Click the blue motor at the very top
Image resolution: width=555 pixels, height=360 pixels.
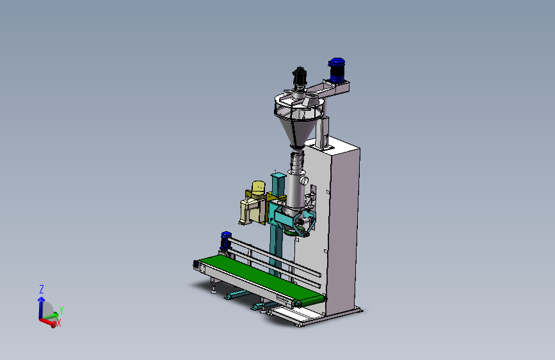point(337,70)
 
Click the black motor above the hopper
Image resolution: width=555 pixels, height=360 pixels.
point(300,76)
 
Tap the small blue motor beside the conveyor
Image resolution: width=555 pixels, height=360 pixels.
point(226,240)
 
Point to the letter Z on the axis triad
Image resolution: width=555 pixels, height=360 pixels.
point(42,289)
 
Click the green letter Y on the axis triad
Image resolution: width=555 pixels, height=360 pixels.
point(61,311)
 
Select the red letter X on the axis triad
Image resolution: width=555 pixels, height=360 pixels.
point(59,323)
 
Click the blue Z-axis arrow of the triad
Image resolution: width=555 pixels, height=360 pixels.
point(41,307)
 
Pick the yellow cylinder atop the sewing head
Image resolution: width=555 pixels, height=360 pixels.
point(259,188)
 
